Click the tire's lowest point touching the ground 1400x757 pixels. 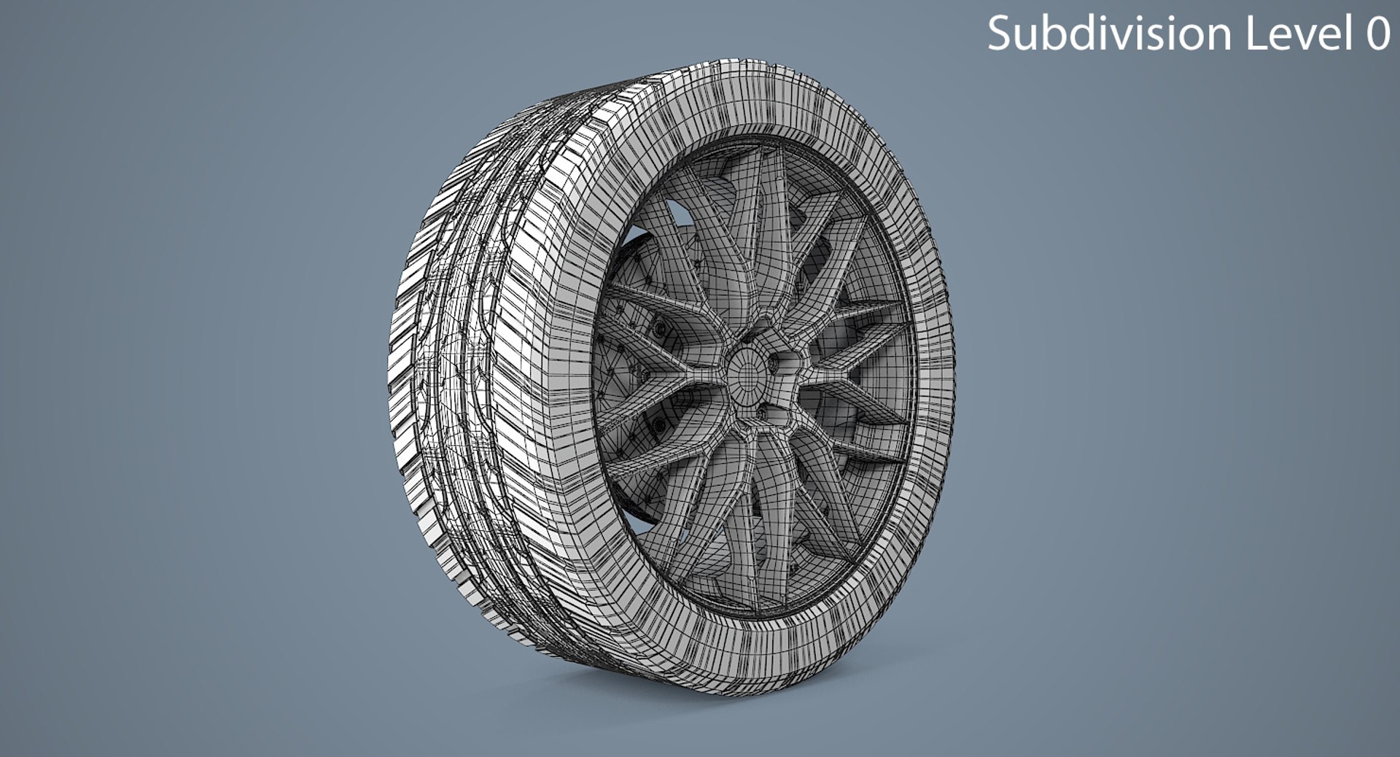[700, 689]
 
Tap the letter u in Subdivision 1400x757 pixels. [1024, 34]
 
